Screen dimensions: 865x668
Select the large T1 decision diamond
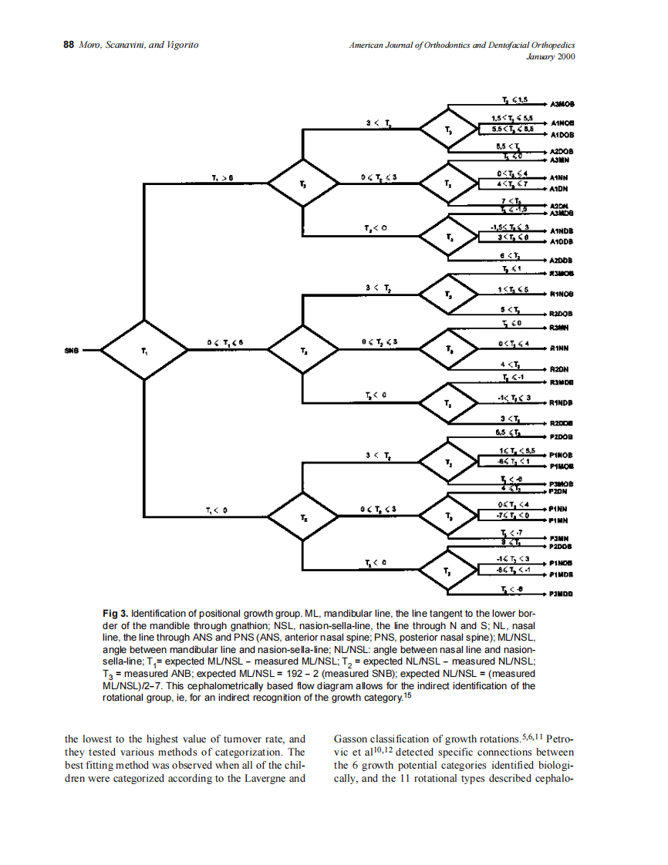tap(143, 351)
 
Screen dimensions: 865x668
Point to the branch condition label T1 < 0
tap(217, 510)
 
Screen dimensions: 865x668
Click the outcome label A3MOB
tap(564, 103)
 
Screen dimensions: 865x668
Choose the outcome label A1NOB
tap(564, 123)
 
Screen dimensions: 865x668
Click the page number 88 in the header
tap(68, 45)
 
